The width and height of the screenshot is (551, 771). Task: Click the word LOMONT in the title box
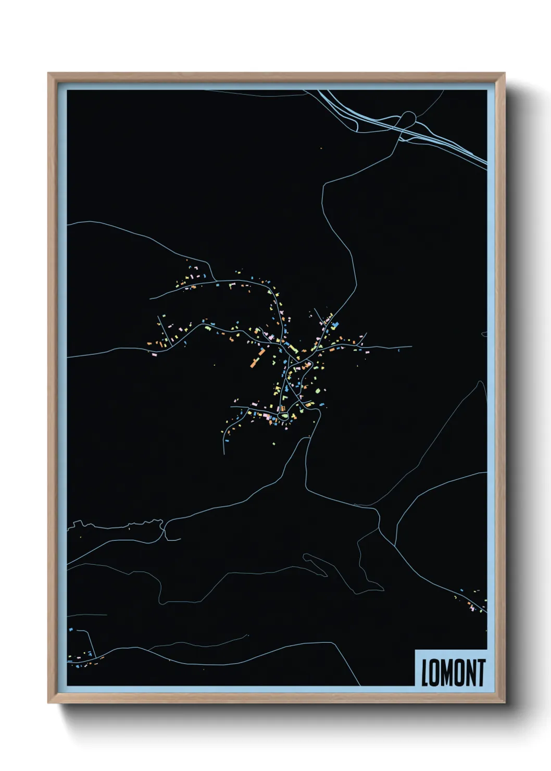453,673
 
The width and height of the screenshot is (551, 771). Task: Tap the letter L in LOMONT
424,673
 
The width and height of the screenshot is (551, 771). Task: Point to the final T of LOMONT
481,673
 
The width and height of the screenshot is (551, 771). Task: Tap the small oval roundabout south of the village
283,416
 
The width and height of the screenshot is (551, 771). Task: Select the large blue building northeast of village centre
335,325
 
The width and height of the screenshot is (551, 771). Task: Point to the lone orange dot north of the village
321,148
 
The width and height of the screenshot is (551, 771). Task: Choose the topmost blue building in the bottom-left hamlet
71,630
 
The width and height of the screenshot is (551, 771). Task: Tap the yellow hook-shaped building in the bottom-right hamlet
456,597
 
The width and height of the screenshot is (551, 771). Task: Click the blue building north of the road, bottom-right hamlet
462,590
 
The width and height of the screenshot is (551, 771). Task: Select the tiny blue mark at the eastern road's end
398,350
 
